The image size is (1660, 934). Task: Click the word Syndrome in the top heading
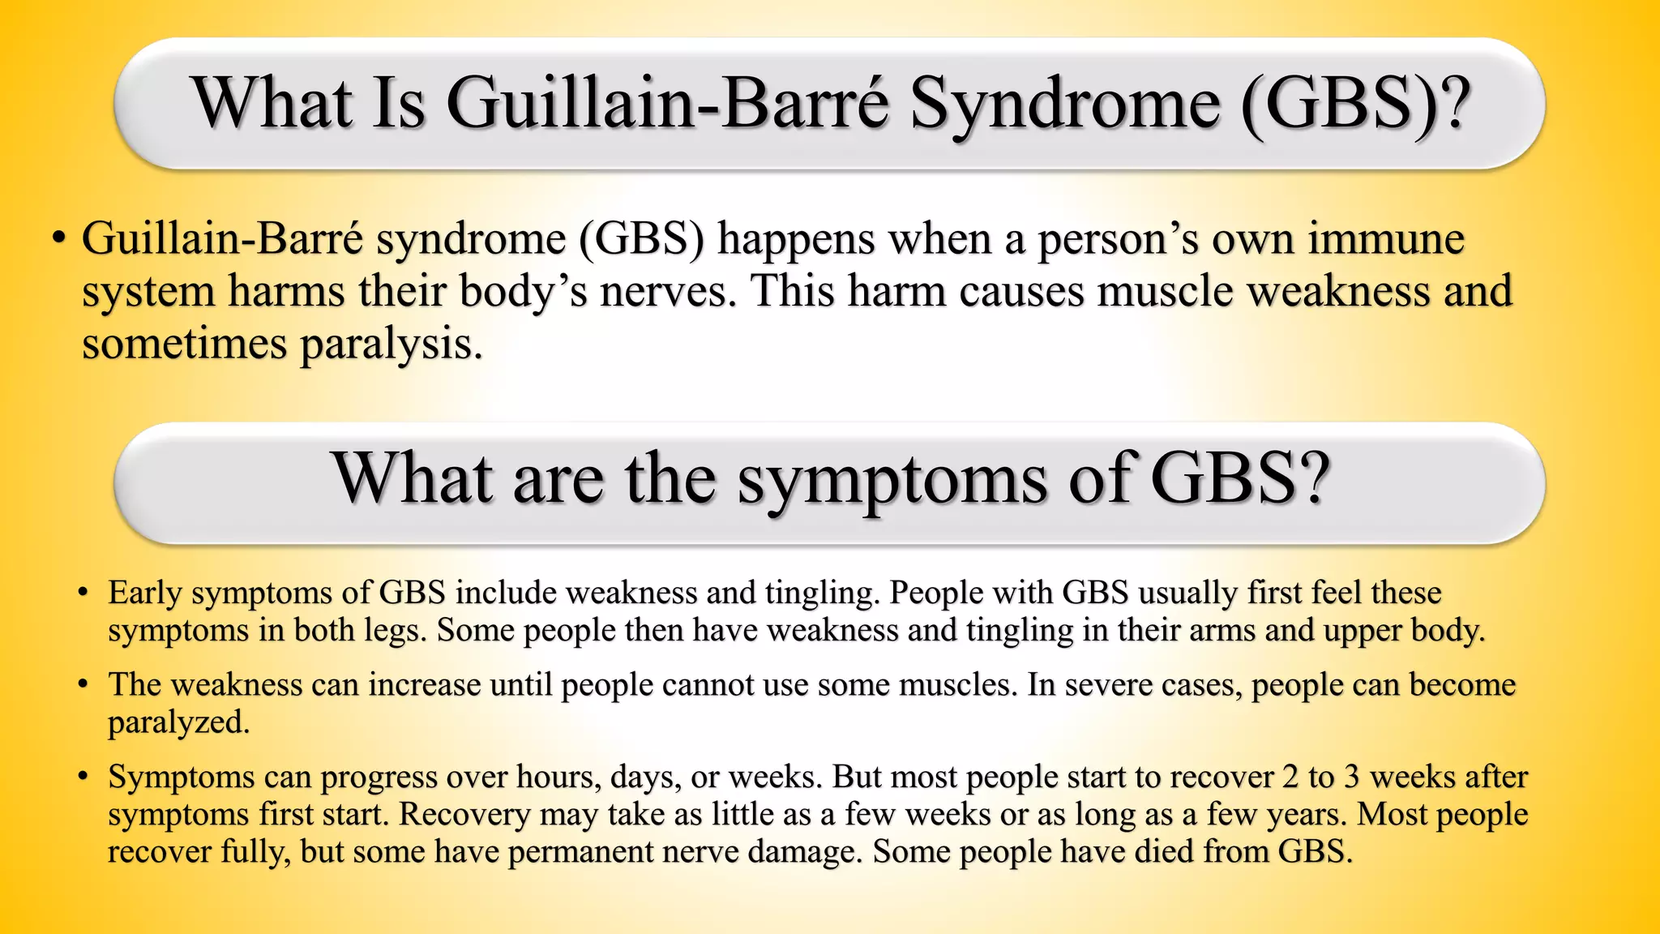click(x=1064, y=104)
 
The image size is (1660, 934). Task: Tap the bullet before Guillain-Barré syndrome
click(x=58, y=239)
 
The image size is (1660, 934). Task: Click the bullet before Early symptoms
click(x=83, y=593)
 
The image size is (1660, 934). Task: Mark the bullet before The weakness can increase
click(x=83, y=685)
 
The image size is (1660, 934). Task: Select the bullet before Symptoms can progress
click(x=83, y=777)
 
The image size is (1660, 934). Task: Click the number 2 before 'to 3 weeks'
click(x=1290, y=777)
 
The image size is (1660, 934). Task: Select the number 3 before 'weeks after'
click(x=1351, y=777)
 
